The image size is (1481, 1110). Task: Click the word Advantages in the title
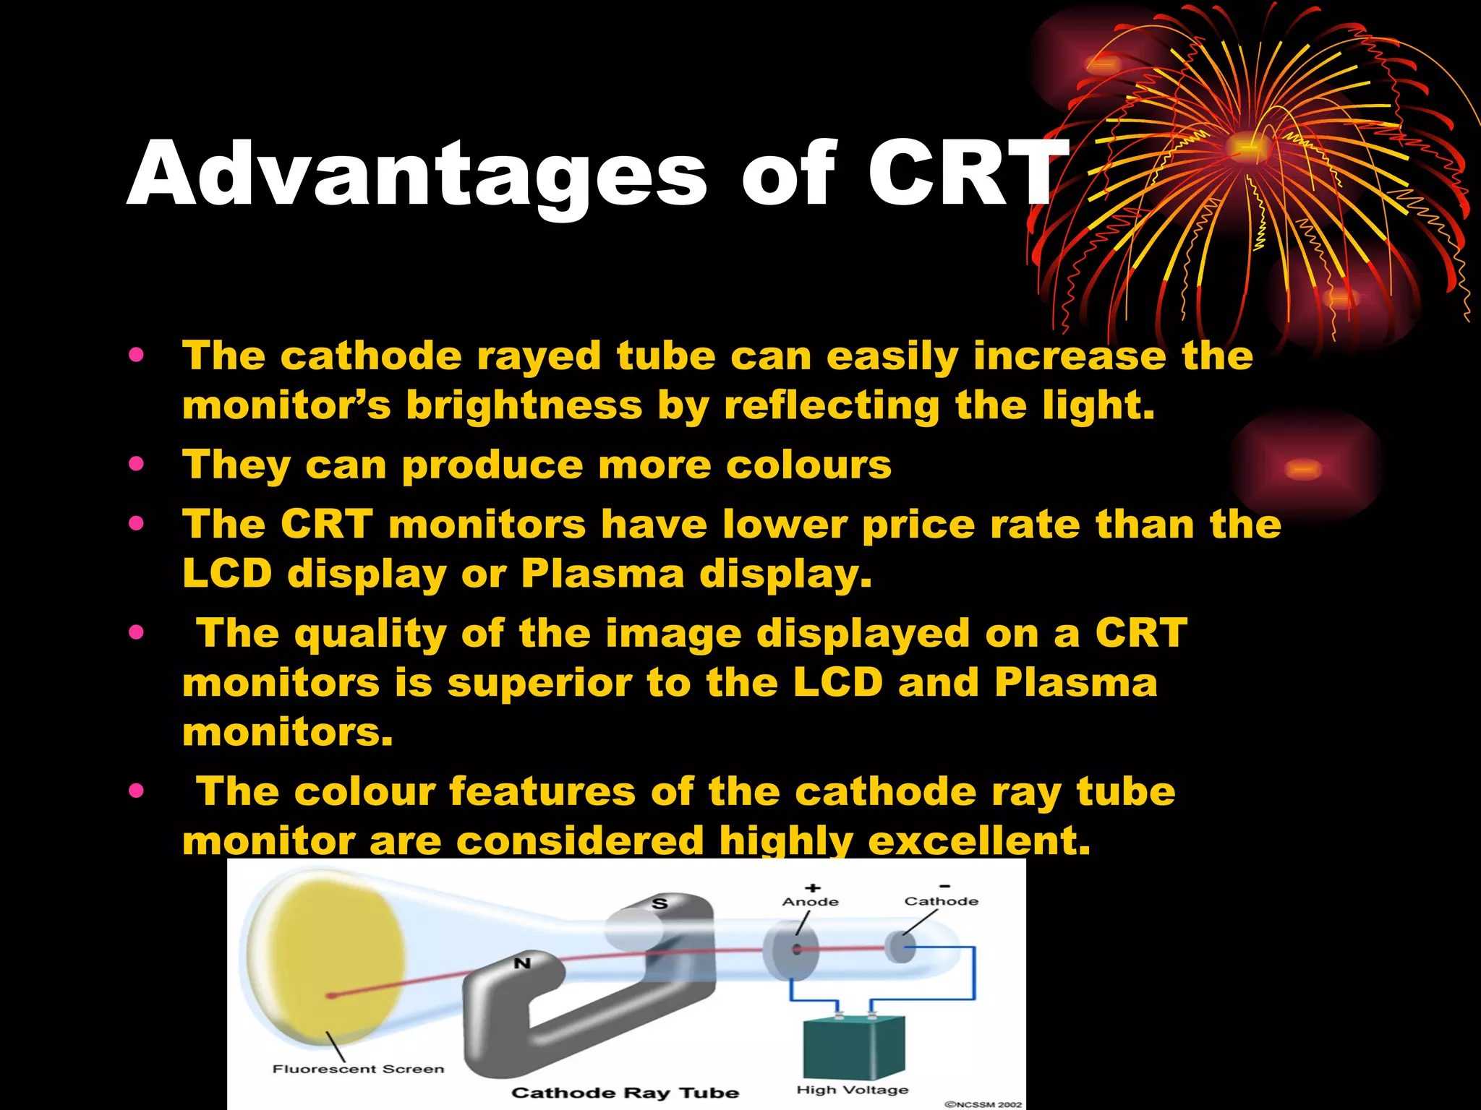tap(417, 176)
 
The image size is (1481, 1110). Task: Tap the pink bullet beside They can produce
tap(136, 464)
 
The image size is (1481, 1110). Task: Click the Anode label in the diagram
tap(810, 902)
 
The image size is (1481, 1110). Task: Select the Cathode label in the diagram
tap(941, 901)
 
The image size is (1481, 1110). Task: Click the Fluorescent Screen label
tap(358, 1069)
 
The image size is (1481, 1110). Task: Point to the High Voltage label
tap(852, 1090)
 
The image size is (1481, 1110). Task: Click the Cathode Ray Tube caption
tap(625, 1093)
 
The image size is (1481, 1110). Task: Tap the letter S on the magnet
tap(659, 903)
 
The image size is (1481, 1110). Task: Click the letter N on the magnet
tap(522, 963)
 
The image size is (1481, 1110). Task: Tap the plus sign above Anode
tap(813, 887)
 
